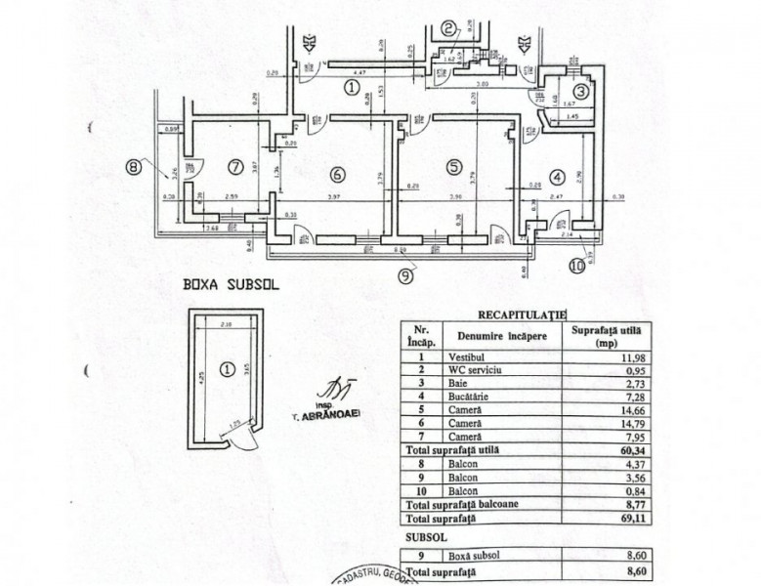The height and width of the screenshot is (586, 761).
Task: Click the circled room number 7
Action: click(x=233, y=167)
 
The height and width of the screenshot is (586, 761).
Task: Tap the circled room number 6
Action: click(x=337, y=175)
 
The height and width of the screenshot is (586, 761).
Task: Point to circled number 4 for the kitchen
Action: click(x=557, y=178)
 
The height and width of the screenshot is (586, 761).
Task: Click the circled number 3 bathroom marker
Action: click(x=579, y=92)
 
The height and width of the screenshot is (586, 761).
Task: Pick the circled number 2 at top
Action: click(x=447, y=28)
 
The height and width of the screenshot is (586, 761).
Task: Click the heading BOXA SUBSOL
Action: click(x=230, y=288)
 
